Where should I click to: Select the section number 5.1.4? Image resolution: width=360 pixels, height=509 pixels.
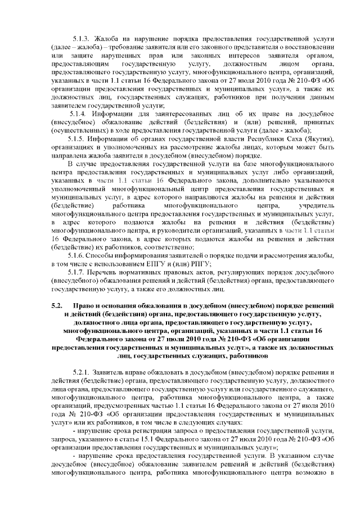(77, 112)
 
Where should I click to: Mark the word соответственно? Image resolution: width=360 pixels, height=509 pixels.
(168, 247)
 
